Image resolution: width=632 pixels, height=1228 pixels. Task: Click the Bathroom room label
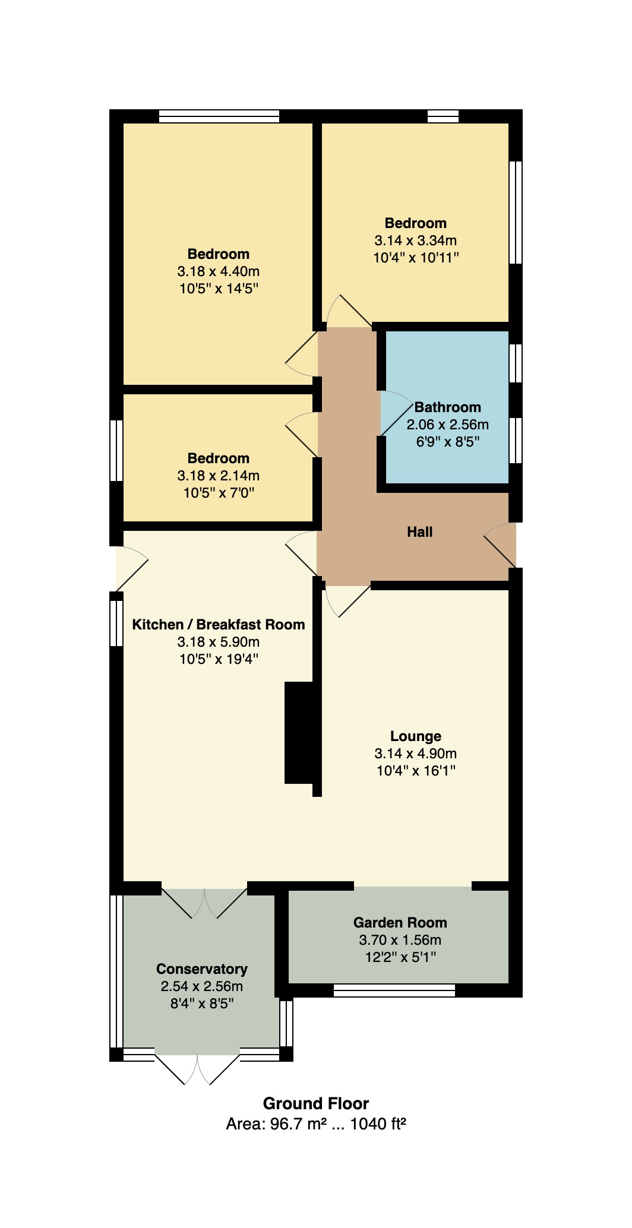coord(447,407)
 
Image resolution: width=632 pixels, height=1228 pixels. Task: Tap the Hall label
coord(419,532)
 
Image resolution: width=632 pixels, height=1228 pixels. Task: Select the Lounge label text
coord(416,736)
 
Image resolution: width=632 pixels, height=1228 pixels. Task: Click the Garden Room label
coord(400,923)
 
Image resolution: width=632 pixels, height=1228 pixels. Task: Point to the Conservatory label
coord(202,969)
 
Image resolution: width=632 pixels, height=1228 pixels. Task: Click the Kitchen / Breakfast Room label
coord(219,625)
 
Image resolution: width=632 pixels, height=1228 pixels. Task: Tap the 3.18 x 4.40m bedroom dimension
coord(219,272)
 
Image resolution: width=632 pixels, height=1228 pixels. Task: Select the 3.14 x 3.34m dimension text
coord(416,241)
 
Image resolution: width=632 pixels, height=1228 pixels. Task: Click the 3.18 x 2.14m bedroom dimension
coord(219,476)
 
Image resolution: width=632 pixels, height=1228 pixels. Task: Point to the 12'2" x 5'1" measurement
coord(400,957)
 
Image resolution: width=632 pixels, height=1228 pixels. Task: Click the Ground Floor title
coord(316,1104)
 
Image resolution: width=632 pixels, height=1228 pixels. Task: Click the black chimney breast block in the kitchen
coord(299,733)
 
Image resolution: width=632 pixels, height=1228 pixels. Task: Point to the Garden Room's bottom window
coord(394,990)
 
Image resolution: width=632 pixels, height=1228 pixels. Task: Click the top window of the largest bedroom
coord(219,116)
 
